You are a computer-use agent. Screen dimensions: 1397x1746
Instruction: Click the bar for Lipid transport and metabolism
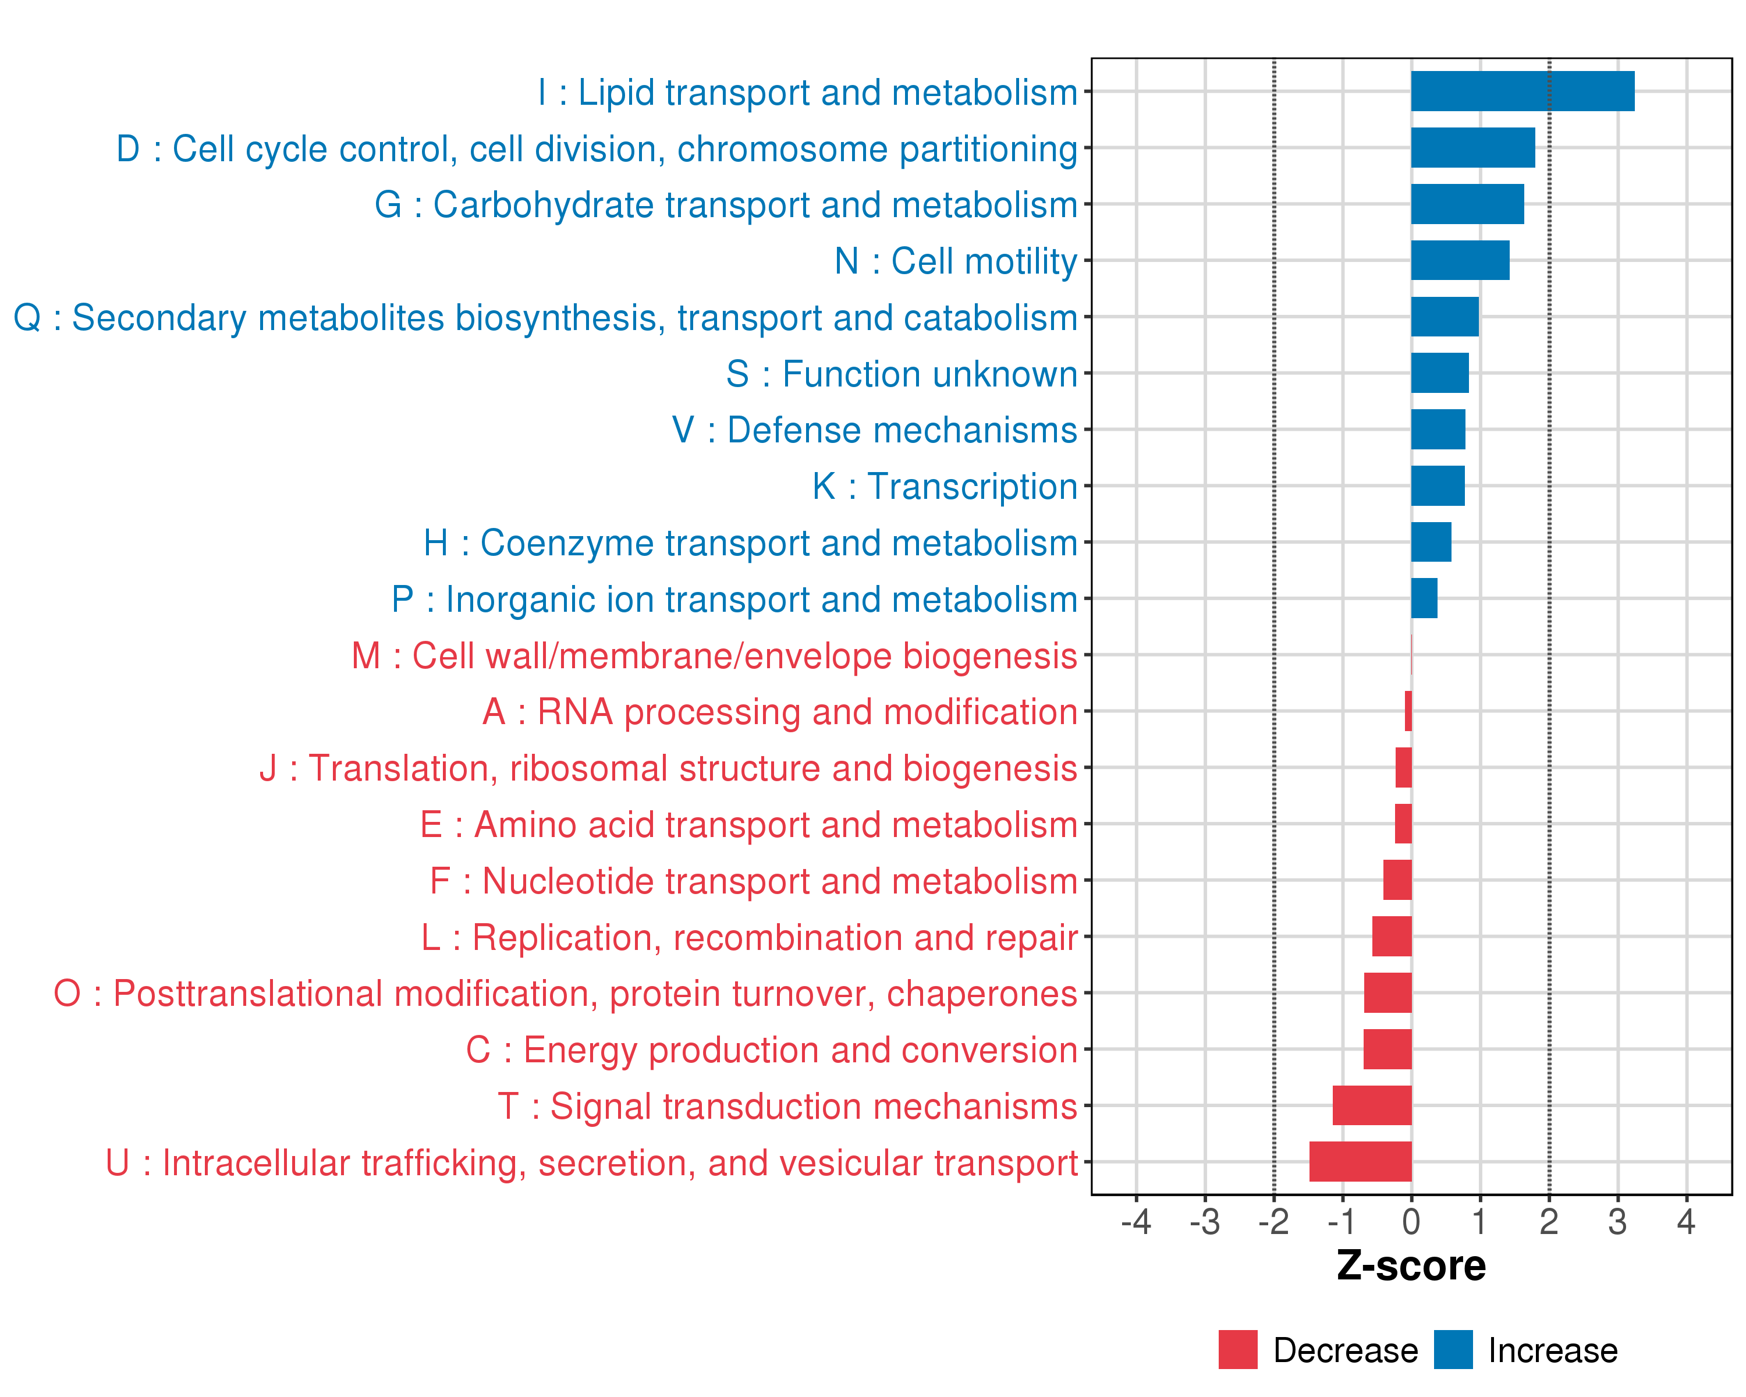tap(1522, 91)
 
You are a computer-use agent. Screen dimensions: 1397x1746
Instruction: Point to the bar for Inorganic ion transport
tap(1424, 598)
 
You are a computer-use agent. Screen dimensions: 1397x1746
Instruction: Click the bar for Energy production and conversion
tap(1387, 1049)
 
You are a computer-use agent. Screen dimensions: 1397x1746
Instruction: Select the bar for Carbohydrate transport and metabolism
tap(1467, 204)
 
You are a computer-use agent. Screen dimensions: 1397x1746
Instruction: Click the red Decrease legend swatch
tap(1237, 1349)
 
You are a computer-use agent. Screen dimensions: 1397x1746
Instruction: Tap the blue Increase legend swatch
tap(1453, 1349)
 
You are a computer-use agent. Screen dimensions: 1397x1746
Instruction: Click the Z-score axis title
tap(1411, 1266)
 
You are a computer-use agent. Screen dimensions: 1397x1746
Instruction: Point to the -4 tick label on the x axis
tap(1135, 1222)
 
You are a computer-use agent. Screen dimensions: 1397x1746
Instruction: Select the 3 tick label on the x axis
tap(1617, 1222)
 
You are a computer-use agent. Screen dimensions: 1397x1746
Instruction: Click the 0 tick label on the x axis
tap(1411, 1222)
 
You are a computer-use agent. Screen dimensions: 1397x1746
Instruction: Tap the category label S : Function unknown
tap(902, 374)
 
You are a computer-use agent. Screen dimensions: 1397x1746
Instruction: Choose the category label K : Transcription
tap(945, 487)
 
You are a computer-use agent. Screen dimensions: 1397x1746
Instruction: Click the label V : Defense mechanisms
tap(875, 430)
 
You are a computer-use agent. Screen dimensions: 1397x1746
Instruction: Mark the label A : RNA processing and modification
tap(780, 712)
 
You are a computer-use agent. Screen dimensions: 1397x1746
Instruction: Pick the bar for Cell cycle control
tap(1472, 148)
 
